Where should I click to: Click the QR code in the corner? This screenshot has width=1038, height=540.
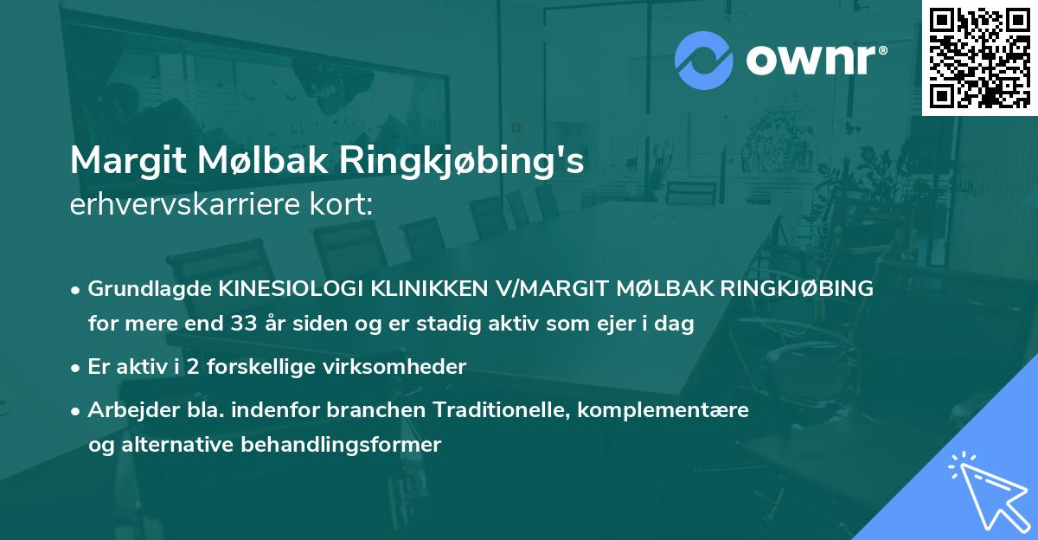coord(980,57)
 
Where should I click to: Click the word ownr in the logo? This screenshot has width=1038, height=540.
coord(816,61)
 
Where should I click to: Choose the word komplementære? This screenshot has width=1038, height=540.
coord(664,410)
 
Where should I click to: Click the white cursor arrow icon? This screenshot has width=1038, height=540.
coord(985,489)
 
